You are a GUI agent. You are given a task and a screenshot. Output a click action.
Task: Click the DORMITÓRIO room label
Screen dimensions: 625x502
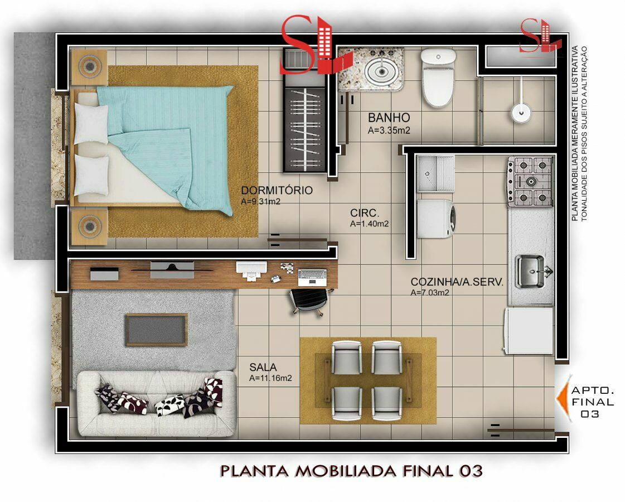[x=277, y=190]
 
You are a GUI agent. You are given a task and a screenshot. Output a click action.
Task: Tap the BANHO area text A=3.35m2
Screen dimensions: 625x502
[x=389, y=131]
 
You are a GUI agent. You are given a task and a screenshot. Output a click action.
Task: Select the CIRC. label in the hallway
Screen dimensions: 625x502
[x=365, y=213]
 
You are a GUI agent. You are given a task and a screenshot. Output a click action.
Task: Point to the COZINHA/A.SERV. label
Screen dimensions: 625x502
[x=457, y=282]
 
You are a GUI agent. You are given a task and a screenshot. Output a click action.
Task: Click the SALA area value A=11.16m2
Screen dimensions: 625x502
[x=270, y=378]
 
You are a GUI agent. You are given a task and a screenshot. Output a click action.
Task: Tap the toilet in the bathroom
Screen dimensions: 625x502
[x=438, y=78]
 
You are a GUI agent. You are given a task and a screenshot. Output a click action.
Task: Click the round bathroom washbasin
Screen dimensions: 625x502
[x=381, y=71]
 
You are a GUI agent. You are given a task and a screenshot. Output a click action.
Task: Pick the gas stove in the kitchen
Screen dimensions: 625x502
[x=531, y=181]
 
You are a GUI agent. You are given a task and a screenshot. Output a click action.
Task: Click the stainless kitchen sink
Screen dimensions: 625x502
[x=530, y=272]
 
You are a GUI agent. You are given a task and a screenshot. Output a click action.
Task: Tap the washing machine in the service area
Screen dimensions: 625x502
[x=436, y=219]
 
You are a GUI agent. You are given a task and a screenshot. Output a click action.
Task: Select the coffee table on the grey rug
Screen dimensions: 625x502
[x=156, y=330]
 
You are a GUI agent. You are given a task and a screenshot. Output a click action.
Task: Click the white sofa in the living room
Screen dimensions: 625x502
[x=156, y=403]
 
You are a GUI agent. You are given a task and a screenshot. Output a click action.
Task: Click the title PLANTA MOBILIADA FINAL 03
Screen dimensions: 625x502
[x=351, y=471]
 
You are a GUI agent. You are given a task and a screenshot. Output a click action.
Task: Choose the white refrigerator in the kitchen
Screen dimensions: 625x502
[x=529, y=331]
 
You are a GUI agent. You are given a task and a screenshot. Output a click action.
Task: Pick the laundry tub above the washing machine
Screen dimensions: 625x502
[x=435, y=174]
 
